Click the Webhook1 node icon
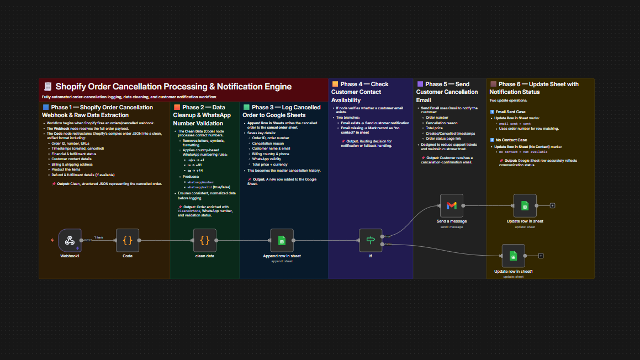point(70,240)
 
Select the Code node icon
point(128,240)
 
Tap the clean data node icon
point(204,240)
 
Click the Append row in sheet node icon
point(282,240)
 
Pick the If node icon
point(371,240)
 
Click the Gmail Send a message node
point(451,205)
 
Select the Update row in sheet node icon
point(525,205)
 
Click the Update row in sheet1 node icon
point(513,256)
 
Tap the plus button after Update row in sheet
point(552,205)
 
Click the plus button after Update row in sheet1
point(541,256)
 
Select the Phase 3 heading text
point(282,111)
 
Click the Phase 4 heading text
point(360,92)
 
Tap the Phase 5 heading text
point(447,92)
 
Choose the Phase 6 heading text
point(533,88)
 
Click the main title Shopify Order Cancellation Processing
point(173,87)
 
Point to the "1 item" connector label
point(99,237)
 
